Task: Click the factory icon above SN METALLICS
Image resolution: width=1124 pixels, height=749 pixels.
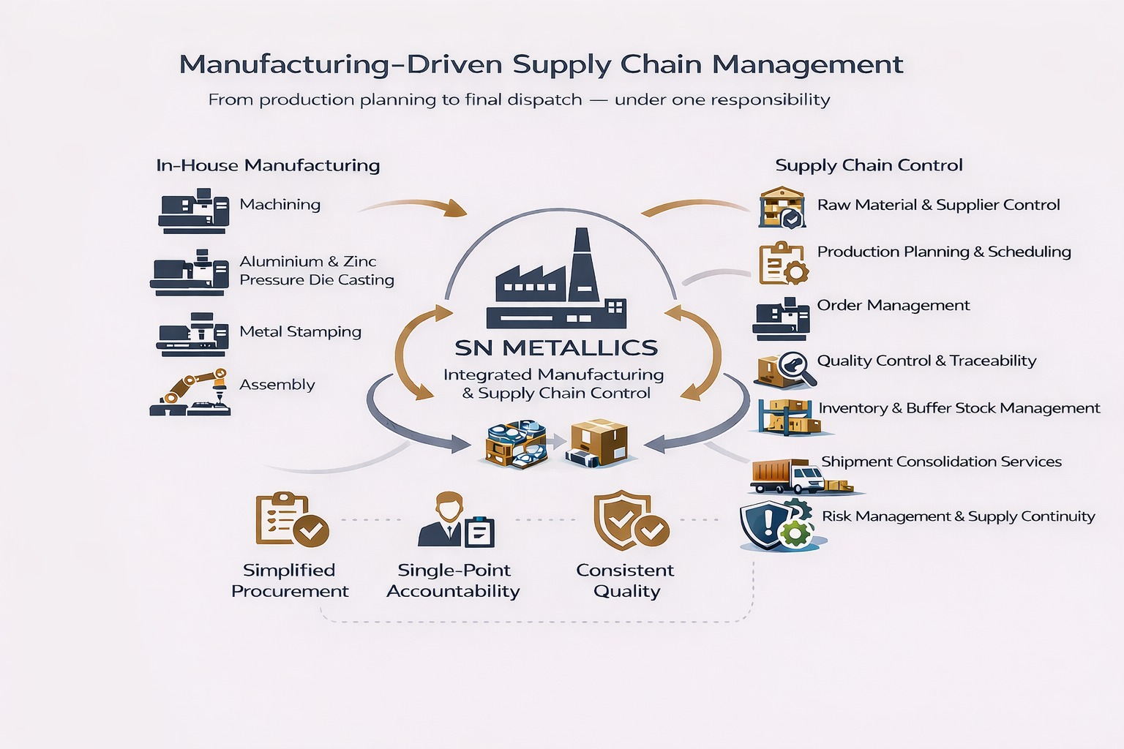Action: click(556, 282)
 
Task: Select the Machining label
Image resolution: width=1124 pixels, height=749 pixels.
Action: click(280, 205)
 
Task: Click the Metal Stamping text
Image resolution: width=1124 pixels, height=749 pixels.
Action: click(300, 332)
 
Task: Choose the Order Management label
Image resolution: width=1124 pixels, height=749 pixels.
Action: click(893, 306)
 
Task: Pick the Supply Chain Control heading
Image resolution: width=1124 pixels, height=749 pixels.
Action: click(869, 165)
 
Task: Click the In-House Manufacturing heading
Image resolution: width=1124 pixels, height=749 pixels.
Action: click(268, 165)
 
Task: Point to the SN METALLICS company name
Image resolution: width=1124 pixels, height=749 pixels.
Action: click(555, 347)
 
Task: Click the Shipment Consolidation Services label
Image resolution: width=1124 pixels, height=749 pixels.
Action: click(941, 462)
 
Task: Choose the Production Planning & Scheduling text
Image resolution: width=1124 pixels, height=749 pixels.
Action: click(943, 252)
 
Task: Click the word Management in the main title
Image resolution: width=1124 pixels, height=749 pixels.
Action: click(808, 65)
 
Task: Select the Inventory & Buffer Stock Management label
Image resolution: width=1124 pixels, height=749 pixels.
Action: click(959, 408)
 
